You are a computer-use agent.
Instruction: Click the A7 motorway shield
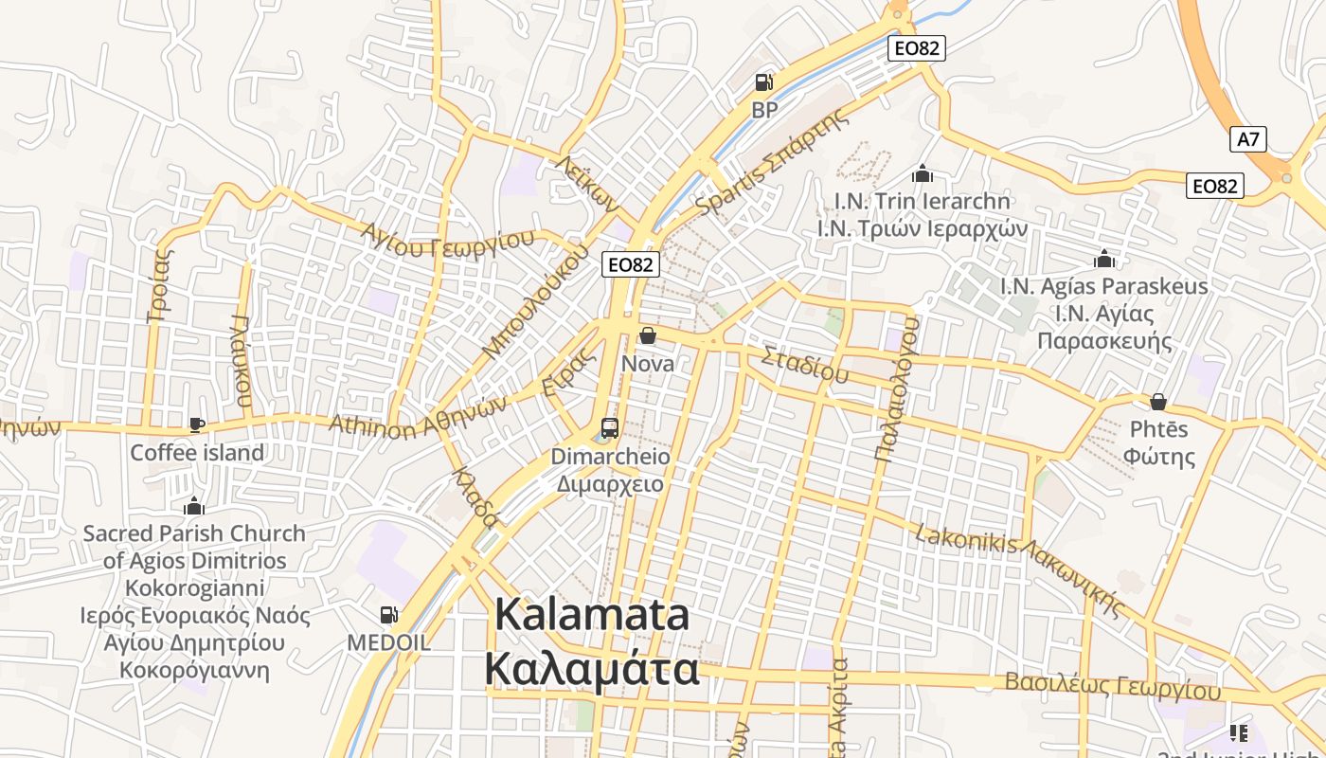[x=1249, y=139]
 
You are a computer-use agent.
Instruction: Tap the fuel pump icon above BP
[x=763, y=82]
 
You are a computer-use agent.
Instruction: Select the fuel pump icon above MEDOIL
[x=388, y=615]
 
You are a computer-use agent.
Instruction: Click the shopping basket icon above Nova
[x=648, y=335]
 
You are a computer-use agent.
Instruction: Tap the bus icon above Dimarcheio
[x=610, y=427]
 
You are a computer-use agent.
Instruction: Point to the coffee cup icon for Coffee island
[x=197, y=424]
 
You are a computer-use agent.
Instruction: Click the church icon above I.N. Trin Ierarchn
[x=923, y=173]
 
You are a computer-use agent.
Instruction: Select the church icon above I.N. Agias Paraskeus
[x=1103, y=259]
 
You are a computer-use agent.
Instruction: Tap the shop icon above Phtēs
[x=1157, y=402]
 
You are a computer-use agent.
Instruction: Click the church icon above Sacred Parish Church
[x=194, y=505]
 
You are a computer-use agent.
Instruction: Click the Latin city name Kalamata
[x=592, y=615]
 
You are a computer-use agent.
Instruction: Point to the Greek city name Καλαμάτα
[x=592, y=669]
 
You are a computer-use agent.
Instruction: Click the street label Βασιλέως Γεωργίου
[x=1113, y=685]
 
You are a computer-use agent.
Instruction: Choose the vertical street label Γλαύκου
[x=242, y=360]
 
